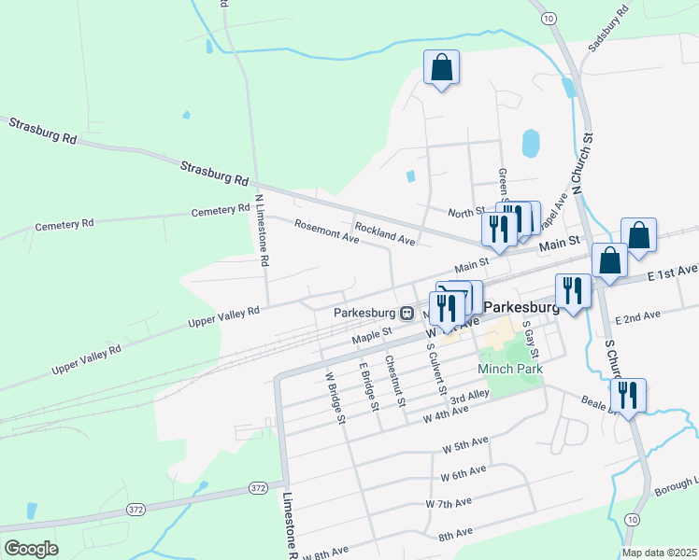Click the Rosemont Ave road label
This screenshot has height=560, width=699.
pos(326,231)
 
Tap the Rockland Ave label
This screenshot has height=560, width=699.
pos(384,233)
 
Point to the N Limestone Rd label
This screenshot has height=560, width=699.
pos(261,231)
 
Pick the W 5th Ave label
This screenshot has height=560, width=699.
pos(465,443)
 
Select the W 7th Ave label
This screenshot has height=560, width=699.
pos(448,503)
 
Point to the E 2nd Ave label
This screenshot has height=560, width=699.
pos(637,318)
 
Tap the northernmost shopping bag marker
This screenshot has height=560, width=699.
pos(441,68)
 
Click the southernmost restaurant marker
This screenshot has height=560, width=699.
pos(628,395)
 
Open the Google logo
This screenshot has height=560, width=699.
pos(31,549)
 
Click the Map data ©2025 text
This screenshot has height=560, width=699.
pos(659,553)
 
